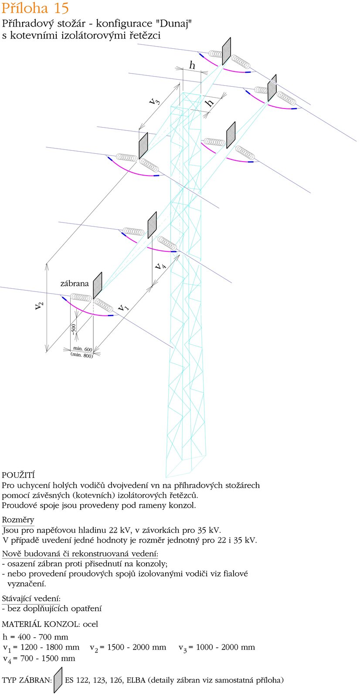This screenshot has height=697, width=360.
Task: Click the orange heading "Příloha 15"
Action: click(35, 8)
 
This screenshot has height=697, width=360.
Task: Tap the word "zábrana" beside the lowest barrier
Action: click(75, 284)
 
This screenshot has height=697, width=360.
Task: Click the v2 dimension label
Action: click(39, 305)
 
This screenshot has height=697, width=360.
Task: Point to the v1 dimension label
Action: click(123, 307)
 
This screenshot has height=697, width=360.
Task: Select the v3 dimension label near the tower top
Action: click(154, 101)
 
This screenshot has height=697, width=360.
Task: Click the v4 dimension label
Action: click(161, 266)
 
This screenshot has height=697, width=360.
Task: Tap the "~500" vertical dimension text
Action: click(74, 329)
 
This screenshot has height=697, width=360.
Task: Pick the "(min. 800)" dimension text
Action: click(82, 355)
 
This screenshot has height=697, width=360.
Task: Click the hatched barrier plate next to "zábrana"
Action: click(98, 286)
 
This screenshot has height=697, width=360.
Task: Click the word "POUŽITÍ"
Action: click(18, 475)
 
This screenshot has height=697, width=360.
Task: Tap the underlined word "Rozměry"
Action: click(18, 520)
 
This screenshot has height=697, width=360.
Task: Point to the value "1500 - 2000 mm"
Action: click(137, 647)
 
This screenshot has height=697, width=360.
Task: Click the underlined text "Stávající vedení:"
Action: click(31, 599)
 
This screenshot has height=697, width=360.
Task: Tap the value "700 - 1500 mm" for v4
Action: click(48, 658)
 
